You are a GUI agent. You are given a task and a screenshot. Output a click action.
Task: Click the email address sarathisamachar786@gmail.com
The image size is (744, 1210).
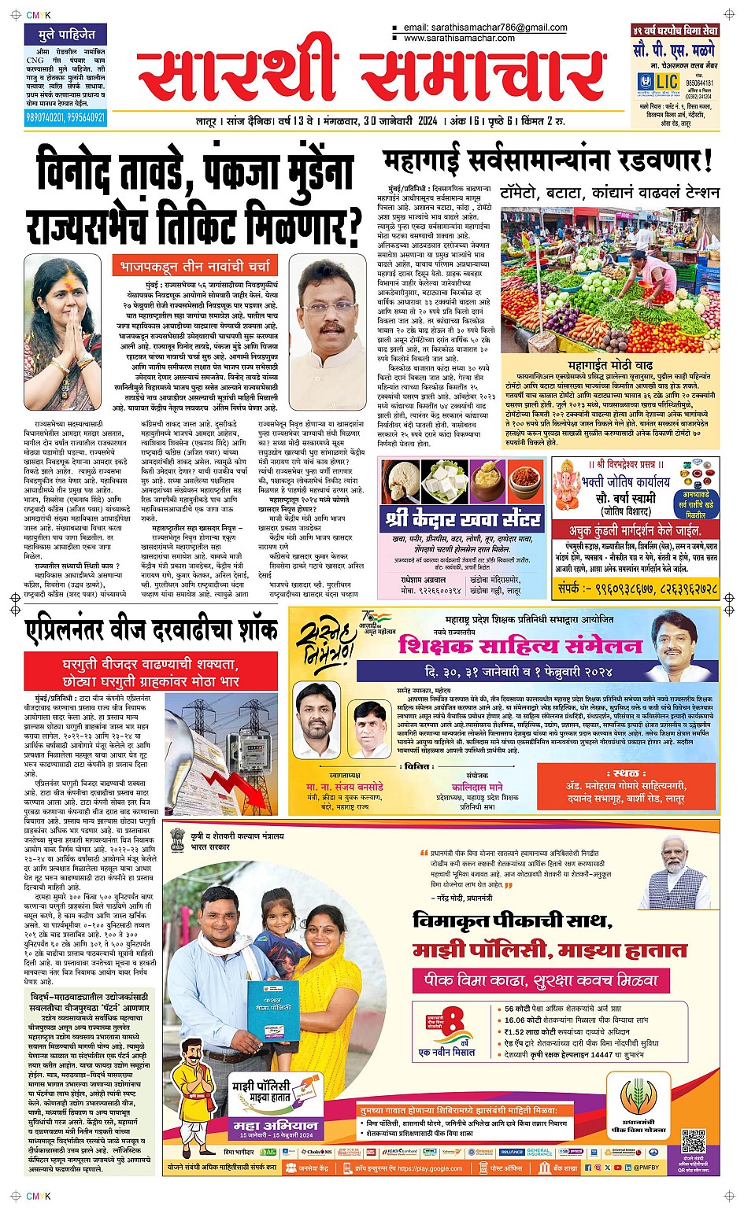(x=485, y=28)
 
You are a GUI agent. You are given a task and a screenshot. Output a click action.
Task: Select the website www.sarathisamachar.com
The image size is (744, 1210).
(x=459, y=38)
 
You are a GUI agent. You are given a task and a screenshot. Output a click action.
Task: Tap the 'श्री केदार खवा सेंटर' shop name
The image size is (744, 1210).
(x=462, y=519)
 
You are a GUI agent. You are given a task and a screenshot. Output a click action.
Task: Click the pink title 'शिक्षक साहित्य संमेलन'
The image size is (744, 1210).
(x=520, y=646)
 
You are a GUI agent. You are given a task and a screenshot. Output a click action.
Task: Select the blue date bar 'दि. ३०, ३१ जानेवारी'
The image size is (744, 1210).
(x=520, y=672)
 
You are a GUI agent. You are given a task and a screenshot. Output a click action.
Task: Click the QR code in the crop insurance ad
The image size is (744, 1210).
(x=693, y=1141)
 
